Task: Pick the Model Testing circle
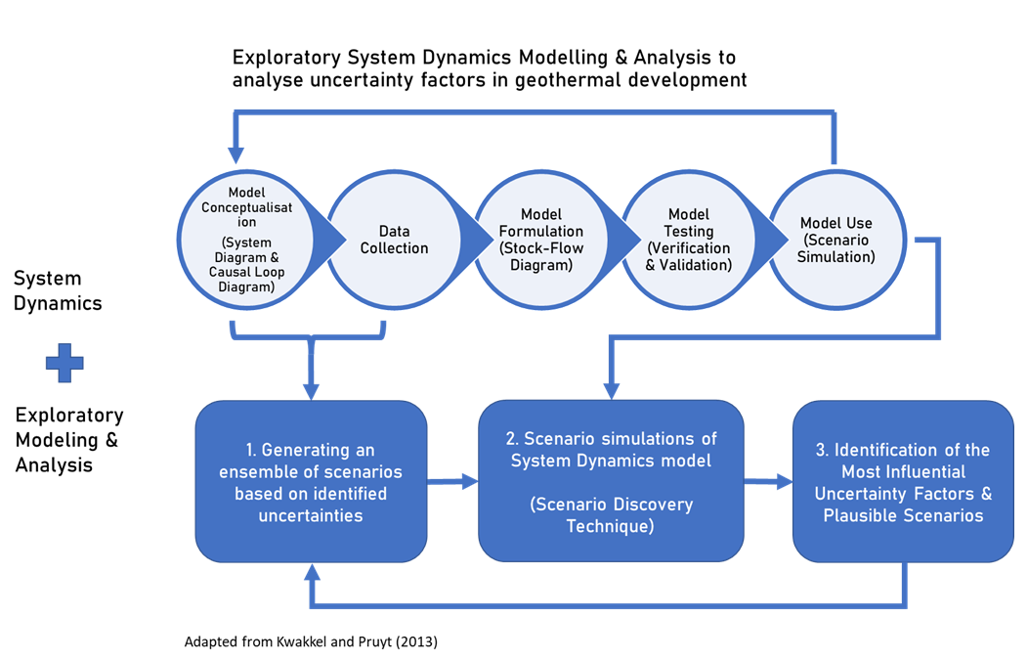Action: click(x=689, y=240)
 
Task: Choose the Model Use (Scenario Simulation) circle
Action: click(x=836, y=240)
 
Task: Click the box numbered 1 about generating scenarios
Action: click(x=311, y=481)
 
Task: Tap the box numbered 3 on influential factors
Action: click(x=902, y=481)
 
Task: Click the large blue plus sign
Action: click(x=64, y=364)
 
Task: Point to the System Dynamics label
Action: click(x=58, y=290)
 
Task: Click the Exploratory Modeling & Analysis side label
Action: click(x=69, y=440)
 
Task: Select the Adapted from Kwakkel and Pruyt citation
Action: click(x=311, y=642)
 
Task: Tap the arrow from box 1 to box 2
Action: click(x=452, y=480)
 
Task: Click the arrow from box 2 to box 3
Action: click(x=768, y=480)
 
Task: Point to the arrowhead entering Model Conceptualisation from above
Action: click(x=236, y=154)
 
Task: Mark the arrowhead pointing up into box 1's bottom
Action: click(x=312, y=573)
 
